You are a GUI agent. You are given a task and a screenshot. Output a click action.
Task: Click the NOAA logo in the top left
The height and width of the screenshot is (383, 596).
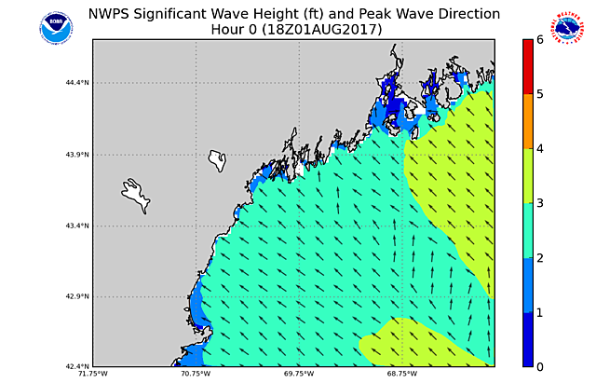(x=55, y=26)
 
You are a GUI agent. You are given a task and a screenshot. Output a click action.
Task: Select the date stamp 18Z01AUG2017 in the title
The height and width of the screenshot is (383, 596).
(x=320, y=30)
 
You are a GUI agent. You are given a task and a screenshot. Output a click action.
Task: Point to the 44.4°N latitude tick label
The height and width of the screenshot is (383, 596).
(x=76, y=83)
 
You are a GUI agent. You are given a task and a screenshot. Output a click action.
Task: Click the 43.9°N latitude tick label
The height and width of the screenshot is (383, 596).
(x=76, y=155)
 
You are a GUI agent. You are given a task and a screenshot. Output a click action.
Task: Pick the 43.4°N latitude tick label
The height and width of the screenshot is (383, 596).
(x=76, y=226)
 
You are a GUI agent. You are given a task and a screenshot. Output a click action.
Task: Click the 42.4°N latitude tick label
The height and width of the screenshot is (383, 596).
(x=76, y=366)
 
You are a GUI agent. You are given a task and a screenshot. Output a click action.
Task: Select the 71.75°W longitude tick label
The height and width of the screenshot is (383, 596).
(x=92, y=375)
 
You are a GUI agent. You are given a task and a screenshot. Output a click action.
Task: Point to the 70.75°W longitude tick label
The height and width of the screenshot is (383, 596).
(x=196, y=375)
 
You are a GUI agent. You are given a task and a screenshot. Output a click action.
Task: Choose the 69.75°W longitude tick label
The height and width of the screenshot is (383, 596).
(x=299, y=375)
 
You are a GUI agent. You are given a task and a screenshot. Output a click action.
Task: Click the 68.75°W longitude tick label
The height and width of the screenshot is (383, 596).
(x=402, y=375)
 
